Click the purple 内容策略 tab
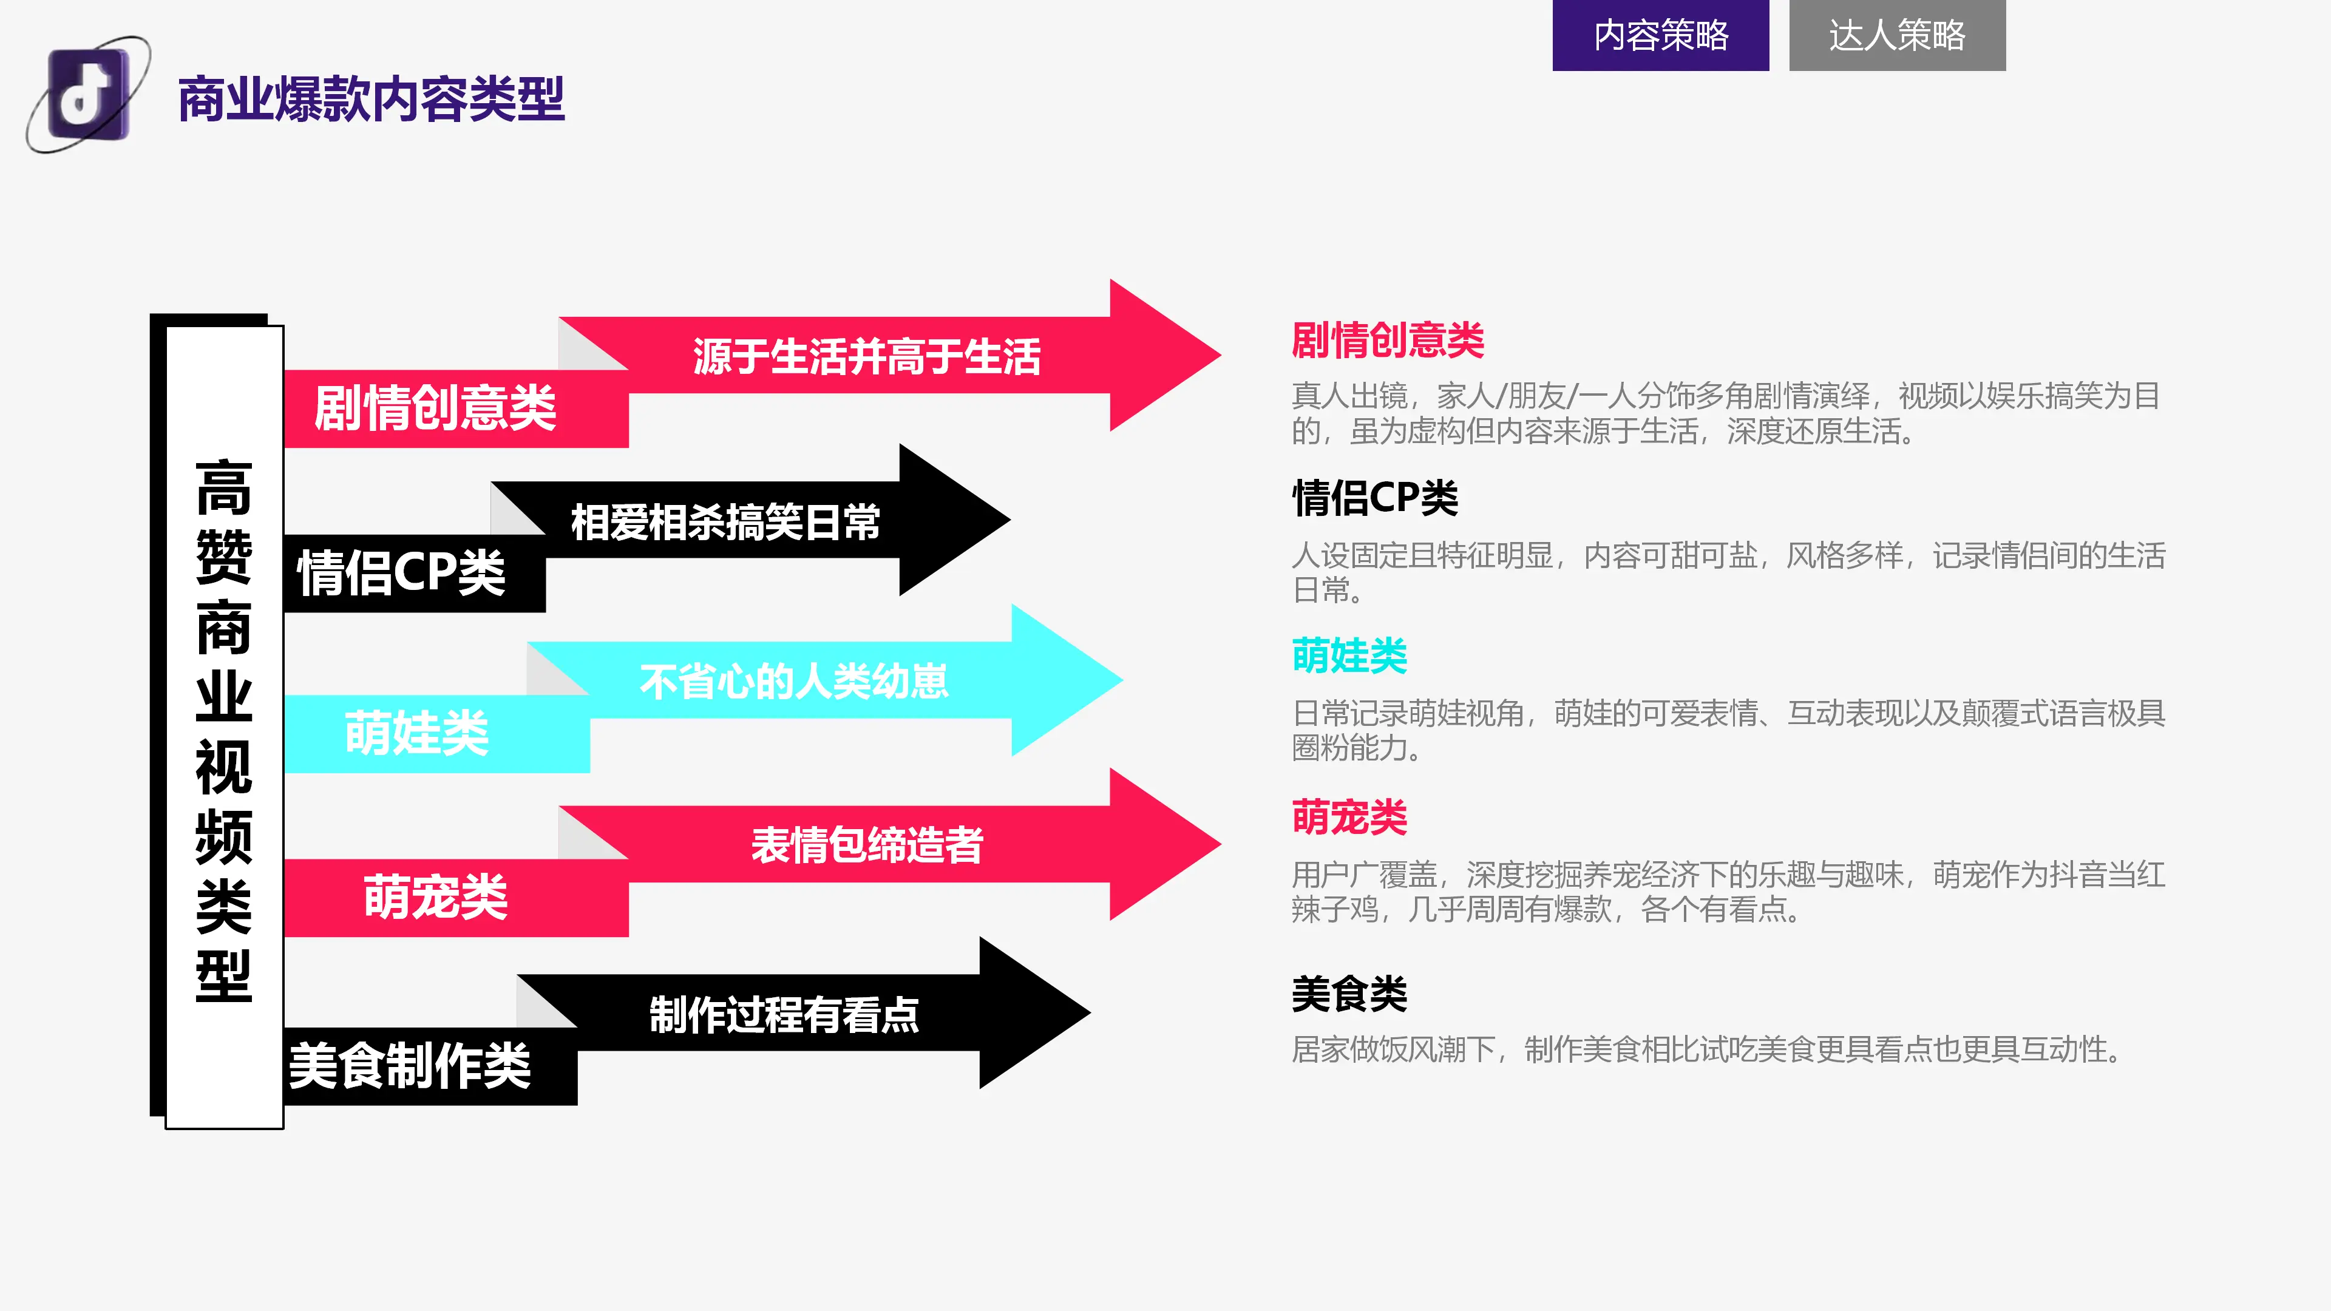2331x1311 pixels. tap(1660, 35)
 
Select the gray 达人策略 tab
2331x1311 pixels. tap(1898, 35)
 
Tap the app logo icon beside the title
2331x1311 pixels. tap(88, 94)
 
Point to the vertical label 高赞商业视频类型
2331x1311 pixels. tap(223, 730)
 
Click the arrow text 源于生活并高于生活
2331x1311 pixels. tap(867, 356)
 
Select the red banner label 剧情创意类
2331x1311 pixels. tap(435, 407)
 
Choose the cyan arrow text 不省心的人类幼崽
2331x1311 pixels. tap(793, 680)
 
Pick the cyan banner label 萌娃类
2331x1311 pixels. tap(416, 732)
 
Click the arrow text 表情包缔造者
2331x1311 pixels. tap(867, 844)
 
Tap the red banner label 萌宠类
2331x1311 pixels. tap(435, 896)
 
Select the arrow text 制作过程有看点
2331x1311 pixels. tap(784, 1014)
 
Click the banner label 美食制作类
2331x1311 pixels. tap(409, 1065)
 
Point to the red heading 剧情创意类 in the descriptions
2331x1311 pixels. tap(1387, 339)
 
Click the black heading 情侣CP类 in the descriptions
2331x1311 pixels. tap(1374, 498)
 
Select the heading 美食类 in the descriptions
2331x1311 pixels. tap(1349, 994)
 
